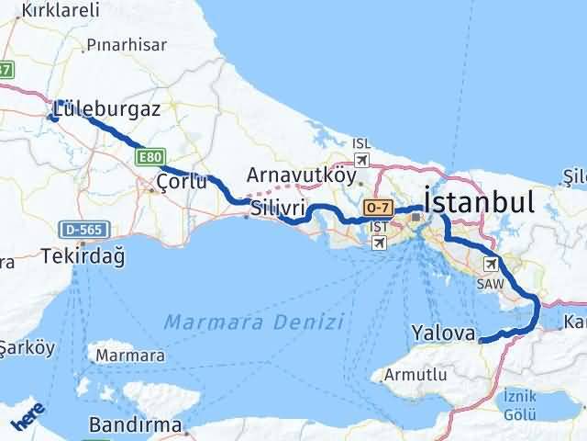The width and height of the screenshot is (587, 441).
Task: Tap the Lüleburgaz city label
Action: (x=106, y=108)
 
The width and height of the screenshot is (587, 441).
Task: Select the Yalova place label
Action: (x=445, y=332)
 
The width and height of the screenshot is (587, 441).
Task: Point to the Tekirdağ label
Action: (x=82, y=257)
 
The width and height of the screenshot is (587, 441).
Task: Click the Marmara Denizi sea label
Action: (x=255, y=322)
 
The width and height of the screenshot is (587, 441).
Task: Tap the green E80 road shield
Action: (x=150, y=158)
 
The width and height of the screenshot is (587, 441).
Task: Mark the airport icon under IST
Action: (x=379, y=242)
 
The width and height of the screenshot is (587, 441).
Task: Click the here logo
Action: (x=28, y=418)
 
